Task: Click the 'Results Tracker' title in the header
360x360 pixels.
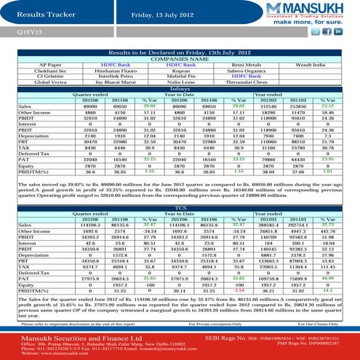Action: click(x=41, y=13)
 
